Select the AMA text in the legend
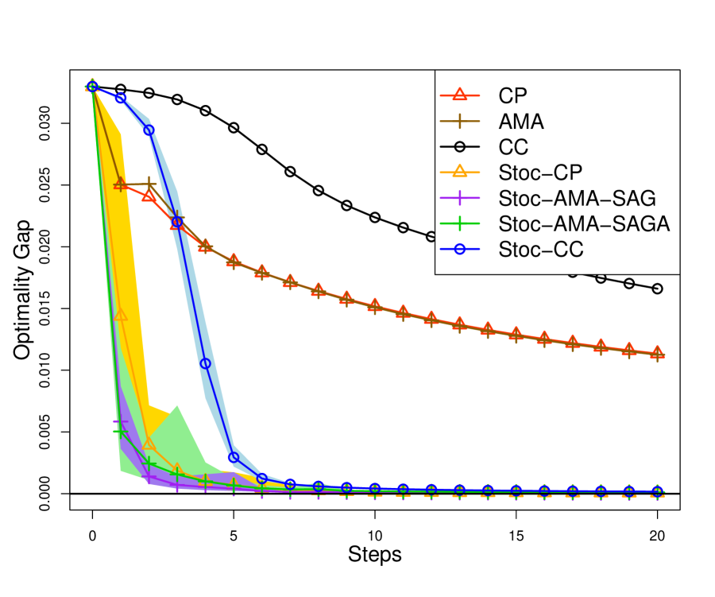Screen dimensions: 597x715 521,122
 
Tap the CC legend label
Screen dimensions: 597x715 513,147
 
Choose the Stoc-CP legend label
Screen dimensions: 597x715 540,173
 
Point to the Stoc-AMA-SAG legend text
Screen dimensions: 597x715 577,198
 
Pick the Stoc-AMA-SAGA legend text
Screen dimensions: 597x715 584,223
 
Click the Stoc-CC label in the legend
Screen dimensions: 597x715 541,249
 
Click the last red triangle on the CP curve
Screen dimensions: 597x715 657,353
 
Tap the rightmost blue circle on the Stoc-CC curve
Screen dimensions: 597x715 657,490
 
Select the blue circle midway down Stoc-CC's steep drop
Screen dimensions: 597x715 205,363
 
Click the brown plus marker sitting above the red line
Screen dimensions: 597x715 149,184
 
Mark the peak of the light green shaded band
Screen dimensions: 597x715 177,405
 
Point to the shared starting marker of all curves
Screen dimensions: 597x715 92,86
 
